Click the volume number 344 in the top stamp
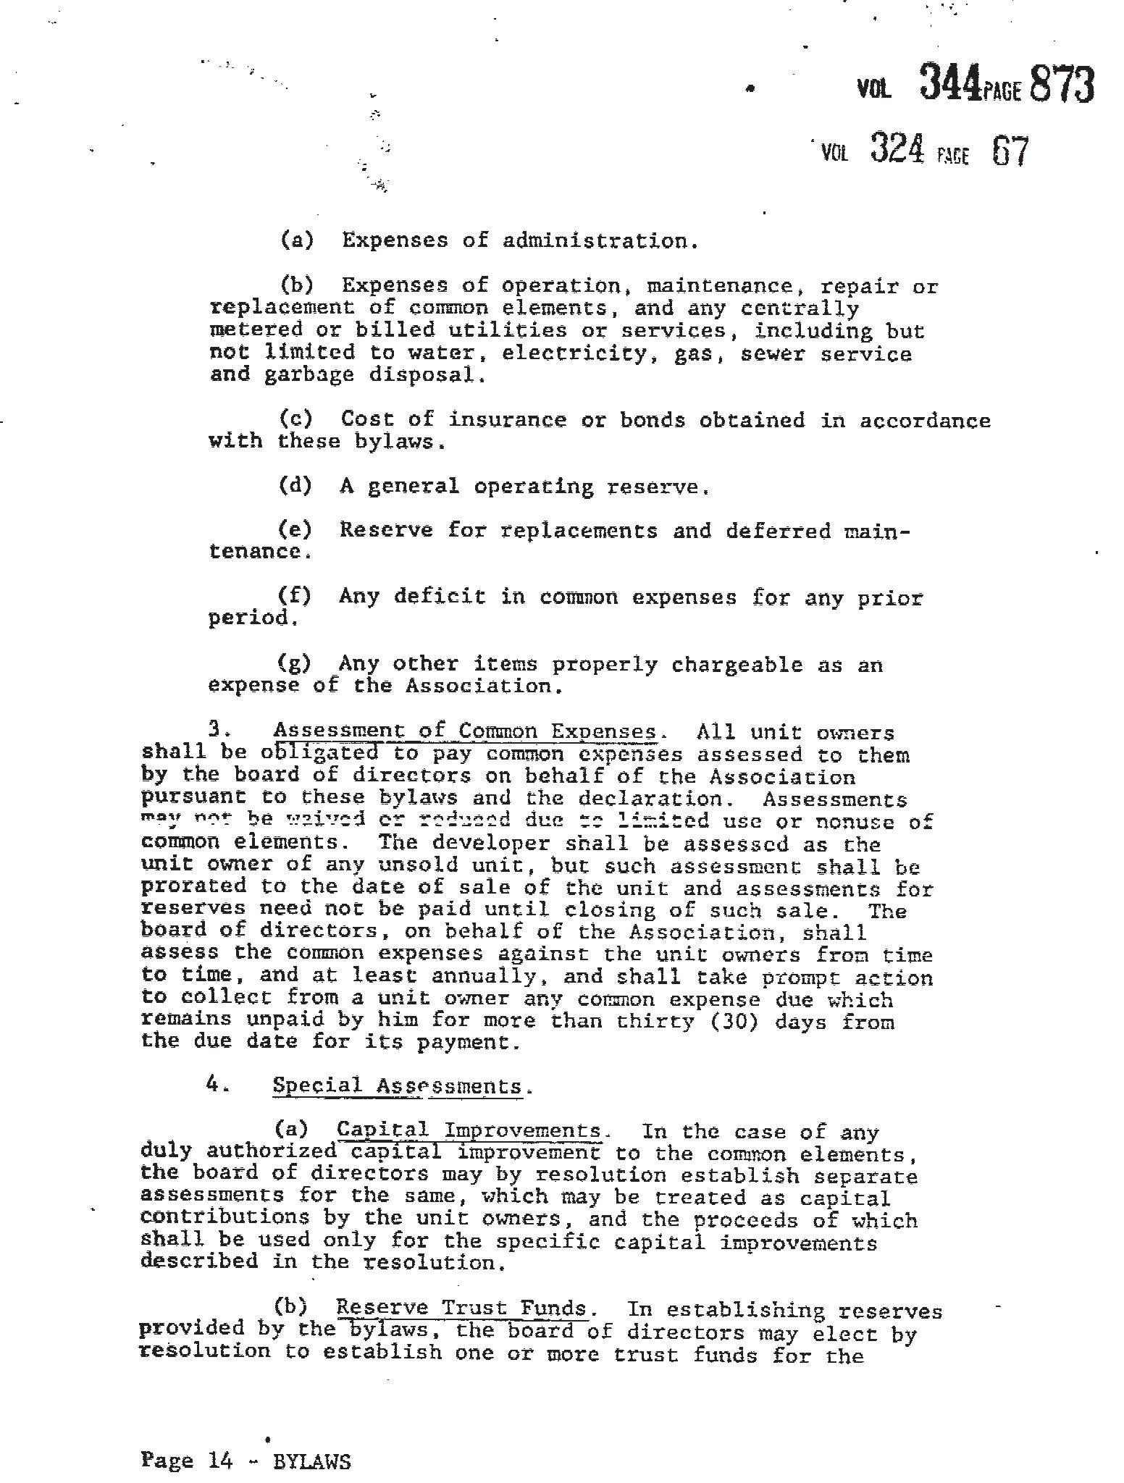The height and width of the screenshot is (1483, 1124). point(950,83)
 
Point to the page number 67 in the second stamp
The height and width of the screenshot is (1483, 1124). point(1010,151)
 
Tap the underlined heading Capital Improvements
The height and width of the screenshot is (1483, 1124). point(469,1131)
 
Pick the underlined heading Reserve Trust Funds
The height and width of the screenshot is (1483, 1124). point(461,1308)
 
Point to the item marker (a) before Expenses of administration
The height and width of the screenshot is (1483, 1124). point(297,240)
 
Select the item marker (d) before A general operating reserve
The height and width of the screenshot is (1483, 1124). point(295,485)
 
